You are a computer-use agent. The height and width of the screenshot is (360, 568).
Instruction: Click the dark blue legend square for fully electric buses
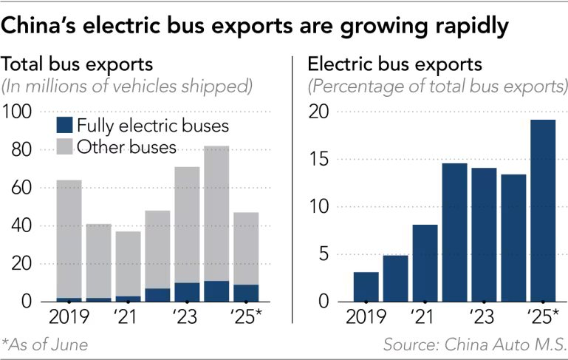coord(65,125)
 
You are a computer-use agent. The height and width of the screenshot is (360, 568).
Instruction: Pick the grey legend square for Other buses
coord(65,147)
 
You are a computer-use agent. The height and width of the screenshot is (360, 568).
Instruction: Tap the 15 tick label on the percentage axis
coord(321,160)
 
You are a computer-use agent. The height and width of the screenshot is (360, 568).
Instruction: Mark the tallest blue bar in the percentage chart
coord(542,211)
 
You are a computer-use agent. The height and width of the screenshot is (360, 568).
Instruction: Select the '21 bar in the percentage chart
coord(425,263)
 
